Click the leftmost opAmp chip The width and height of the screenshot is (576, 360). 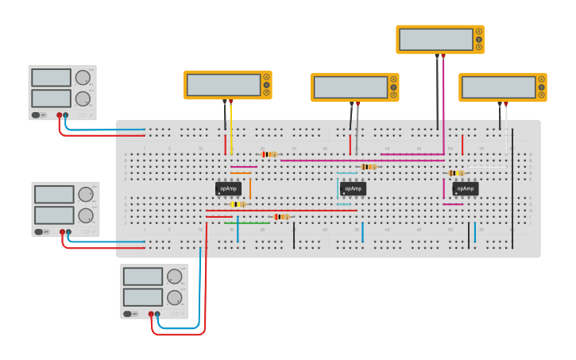tap(228, 189)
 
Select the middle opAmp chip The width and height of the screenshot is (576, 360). tap(353, 189)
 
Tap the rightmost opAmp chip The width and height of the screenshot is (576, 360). tap(466, 189)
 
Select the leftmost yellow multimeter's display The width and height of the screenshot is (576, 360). tap(223, 85)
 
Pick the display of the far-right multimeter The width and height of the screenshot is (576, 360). tap(497, 87)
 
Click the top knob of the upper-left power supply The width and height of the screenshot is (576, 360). tap(83, 77)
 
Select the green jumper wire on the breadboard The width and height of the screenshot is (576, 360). tap(246, 223)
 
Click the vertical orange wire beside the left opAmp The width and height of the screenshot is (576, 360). tap(250, 188)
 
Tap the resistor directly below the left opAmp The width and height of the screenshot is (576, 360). tap(238, 204)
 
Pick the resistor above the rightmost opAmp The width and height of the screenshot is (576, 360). tap(455, 172)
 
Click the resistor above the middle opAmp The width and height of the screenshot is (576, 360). tap(368, 167)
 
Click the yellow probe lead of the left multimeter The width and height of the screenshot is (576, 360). tap(231, 127)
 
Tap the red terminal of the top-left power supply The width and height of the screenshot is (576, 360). tap(59, 115)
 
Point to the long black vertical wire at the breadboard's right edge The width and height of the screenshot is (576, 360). tap(512, 191)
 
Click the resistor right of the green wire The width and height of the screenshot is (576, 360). tap(280, 217)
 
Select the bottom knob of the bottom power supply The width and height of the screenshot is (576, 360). tap(174, 297)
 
